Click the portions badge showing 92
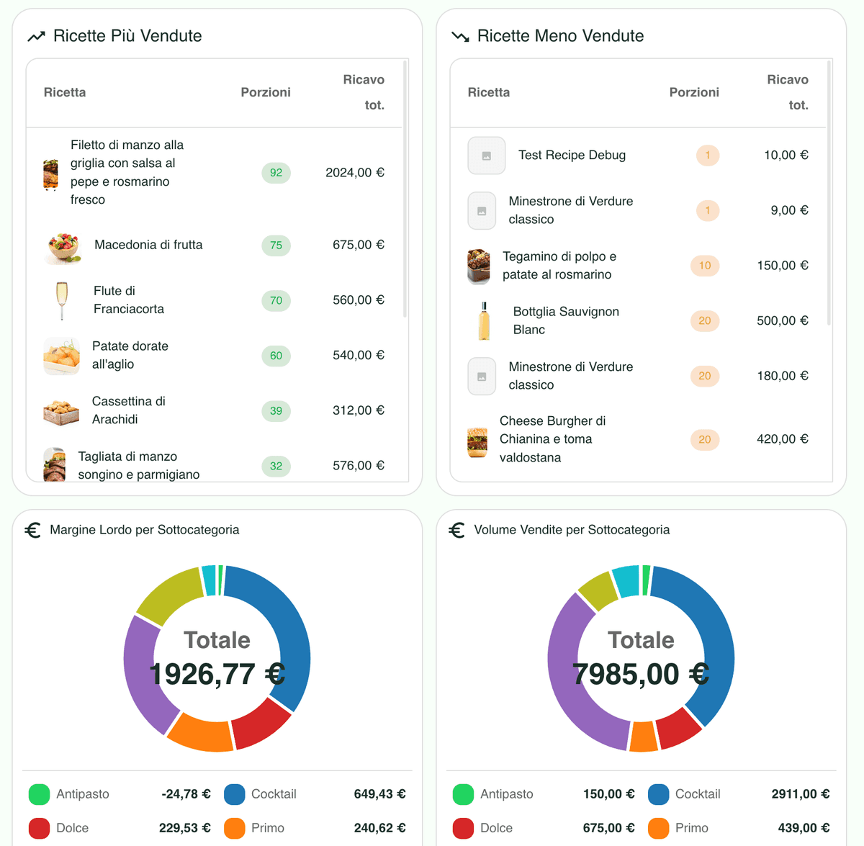[276, 173]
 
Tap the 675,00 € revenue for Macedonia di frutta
[358, 245]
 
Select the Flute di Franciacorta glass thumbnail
[62, 300]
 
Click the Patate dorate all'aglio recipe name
[130, 355]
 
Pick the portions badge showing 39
[276, 410]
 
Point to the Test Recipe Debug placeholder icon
[487, 156]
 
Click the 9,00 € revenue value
[789, 210]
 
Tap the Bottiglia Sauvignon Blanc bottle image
[485, 321]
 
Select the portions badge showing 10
[705, 266]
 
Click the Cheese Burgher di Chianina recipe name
[552, 439]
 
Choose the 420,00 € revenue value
[782, 439]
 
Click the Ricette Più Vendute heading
[127, 36]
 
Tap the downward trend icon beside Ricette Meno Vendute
[460, 36]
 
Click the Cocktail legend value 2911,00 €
[800, 794]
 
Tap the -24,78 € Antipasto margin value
[186, 794]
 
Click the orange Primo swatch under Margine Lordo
[235, 828]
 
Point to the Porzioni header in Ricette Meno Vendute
[694, 92]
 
